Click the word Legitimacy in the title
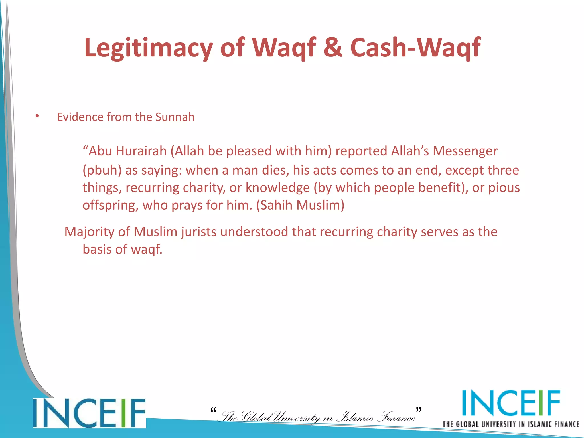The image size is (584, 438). [x=149, y=48]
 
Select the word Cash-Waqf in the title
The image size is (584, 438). [x=415, y=48]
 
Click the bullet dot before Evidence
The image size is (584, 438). [x=37, y=116]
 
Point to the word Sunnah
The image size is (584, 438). [x=175, y=117]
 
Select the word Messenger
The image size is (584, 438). [x=465, y=151]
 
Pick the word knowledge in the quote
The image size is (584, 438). [x=278, y=188]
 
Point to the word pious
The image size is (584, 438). [x=504, y=188]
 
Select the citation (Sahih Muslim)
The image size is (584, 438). [x=300, y=205]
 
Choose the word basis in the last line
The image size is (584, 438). [x=97, y=249]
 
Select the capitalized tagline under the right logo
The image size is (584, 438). [x=511, y=424]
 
